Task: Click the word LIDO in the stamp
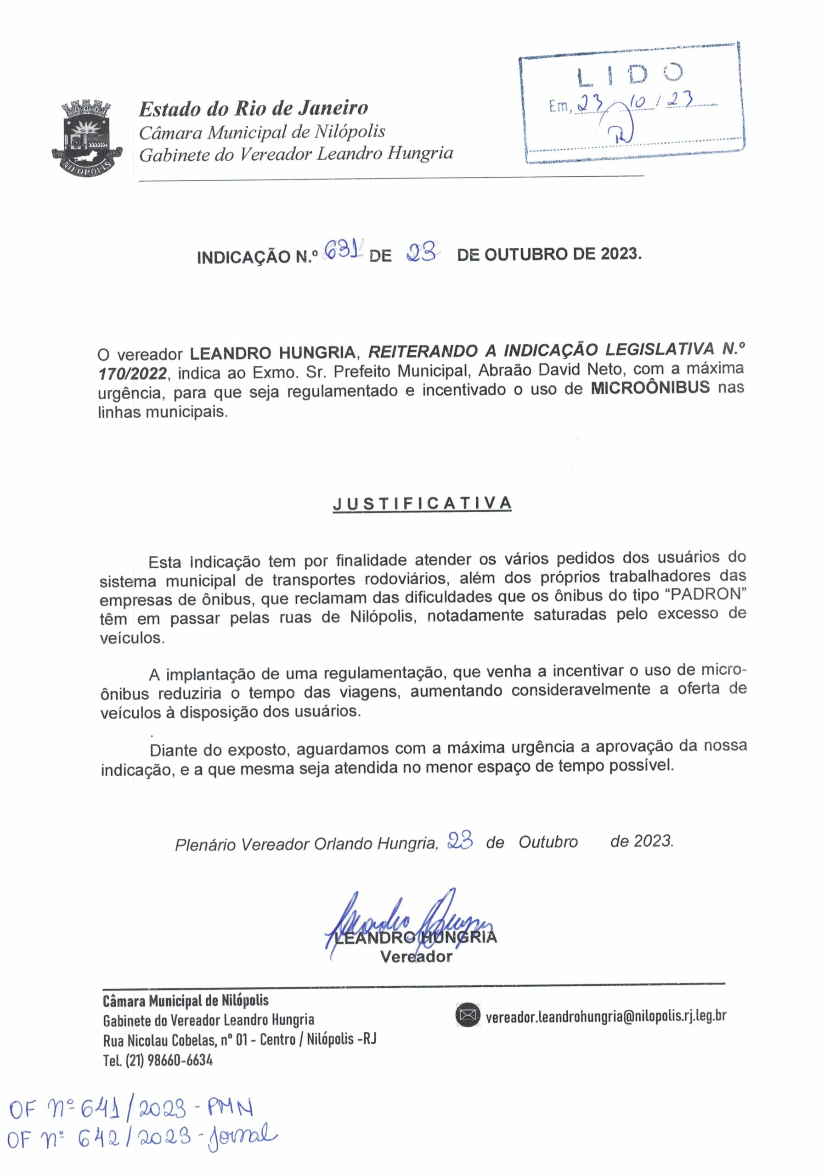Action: tap(629, 76)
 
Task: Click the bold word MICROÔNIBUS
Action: tap(650, 387)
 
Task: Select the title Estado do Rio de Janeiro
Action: tap(254, 108)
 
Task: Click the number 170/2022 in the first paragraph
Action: tap(132, 373)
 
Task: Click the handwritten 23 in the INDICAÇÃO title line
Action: tap(422, 253)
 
